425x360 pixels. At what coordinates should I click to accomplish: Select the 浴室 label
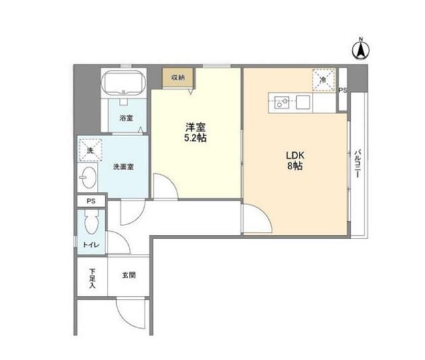click(126, 118)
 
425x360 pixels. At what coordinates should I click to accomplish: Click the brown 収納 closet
click(177, 78)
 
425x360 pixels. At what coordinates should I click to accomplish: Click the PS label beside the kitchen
click(343, 91)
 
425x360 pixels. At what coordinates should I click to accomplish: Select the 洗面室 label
click(123, 167)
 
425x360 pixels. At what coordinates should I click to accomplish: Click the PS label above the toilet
click(91, 201)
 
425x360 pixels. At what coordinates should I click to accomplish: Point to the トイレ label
click(91, 246)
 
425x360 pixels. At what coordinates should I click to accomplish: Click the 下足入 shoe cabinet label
click(92, 278)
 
